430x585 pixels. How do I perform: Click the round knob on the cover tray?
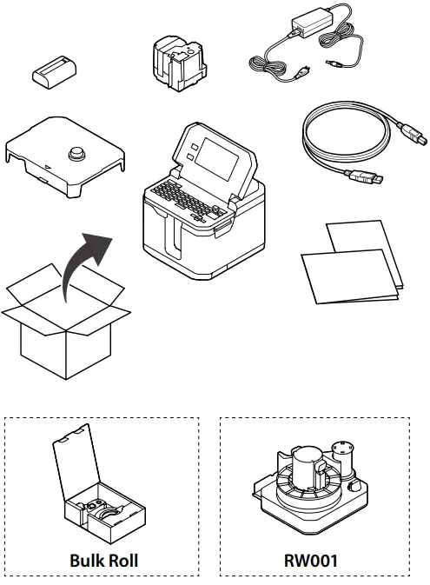click(74, 156)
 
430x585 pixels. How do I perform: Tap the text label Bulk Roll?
click(103, 561)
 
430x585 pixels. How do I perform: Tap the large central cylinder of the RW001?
click(306, 473)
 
